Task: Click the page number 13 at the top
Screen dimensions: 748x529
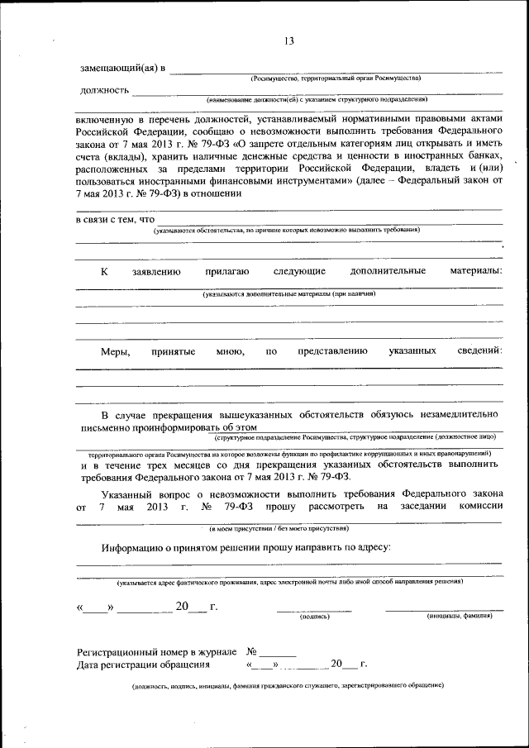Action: [289, 42]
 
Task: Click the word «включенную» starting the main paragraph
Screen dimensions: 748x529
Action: [103, 119]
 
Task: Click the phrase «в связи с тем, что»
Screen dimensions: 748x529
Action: [115, 219]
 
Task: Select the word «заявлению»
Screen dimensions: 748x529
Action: [156, 271]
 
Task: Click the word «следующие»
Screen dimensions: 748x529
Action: [299, 271]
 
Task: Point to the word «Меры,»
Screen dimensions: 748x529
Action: [116, 351]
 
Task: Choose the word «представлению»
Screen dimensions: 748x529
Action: [332, 351]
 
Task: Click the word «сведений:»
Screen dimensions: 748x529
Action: [479, 351]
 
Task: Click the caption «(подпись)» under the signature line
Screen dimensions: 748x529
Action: [314, 616]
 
